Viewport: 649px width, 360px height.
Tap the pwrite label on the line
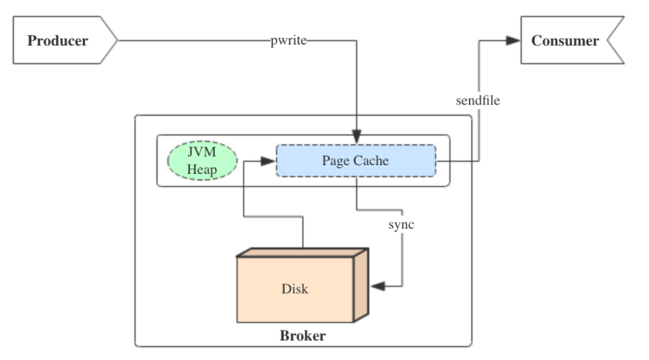coord(288,41)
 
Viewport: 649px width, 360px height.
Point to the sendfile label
coord(478,101)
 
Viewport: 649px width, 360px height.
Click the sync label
coord(401,224)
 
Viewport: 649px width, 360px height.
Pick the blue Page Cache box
coord(355,161)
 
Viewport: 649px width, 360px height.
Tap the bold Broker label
coord(303,336)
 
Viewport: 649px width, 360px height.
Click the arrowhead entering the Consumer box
coord(514,41)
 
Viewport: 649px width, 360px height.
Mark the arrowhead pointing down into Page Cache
coord(356,138)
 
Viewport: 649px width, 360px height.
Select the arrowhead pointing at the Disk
coord(377,287)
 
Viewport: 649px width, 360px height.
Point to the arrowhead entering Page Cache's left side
coord(269,161)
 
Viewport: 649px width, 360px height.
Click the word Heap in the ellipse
coord(202,169)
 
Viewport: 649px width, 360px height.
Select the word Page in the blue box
coord(335,161)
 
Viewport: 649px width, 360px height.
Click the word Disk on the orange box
coord(295,289)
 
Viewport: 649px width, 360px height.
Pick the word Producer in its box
coord(57,41)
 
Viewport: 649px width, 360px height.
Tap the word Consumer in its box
coord(565,41)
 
